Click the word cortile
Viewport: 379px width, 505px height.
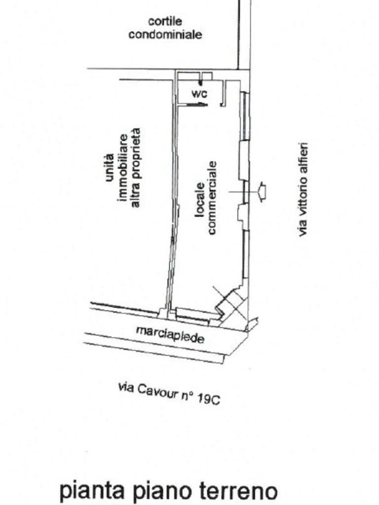165,22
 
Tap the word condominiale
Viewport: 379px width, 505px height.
165,35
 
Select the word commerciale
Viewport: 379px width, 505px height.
213,197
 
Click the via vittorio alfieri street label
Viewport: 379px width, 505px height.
303,189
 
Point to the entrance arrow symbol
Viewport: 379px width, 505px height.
262,191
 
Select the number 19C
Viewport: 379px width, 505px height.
208,399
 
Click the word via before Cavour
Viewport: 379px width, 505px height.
125,388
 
